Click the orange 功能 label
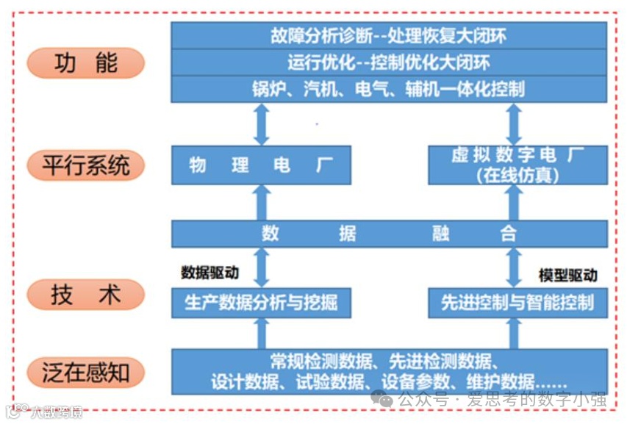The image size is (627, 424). pos(85,63)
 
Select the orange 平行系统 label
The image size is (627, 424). pos(85,165)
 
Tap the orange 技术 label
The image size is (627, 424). pos(85,295)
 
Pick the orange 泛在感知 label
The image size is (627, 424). pos(85,373)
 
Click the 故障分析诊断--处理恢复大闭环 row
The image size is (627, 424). pos(388,35)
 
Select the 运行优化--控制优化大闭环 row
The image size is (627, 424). pos(388,62)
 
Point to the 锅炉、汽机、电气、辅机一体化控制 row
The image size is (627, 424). pos(388,89)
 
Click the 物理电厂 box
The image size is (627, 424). pos(261,165)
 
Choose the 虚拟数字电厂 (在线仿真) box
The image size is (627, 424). pos(517,165)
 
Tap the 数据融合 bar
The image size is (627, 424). pos(388,234)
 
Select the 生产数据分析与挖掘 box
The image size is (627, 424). pos(261,302)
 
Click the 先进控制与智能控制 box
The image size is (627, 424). pos(517,302)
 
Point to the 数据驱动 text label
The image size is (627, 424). pos(209,273)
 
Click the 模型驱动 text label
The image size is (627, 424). pos(567,276)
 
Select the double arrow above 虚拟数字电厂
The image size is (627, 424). pos(515,123)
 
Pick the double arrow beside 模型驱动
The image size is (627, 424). pos(515,267)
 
